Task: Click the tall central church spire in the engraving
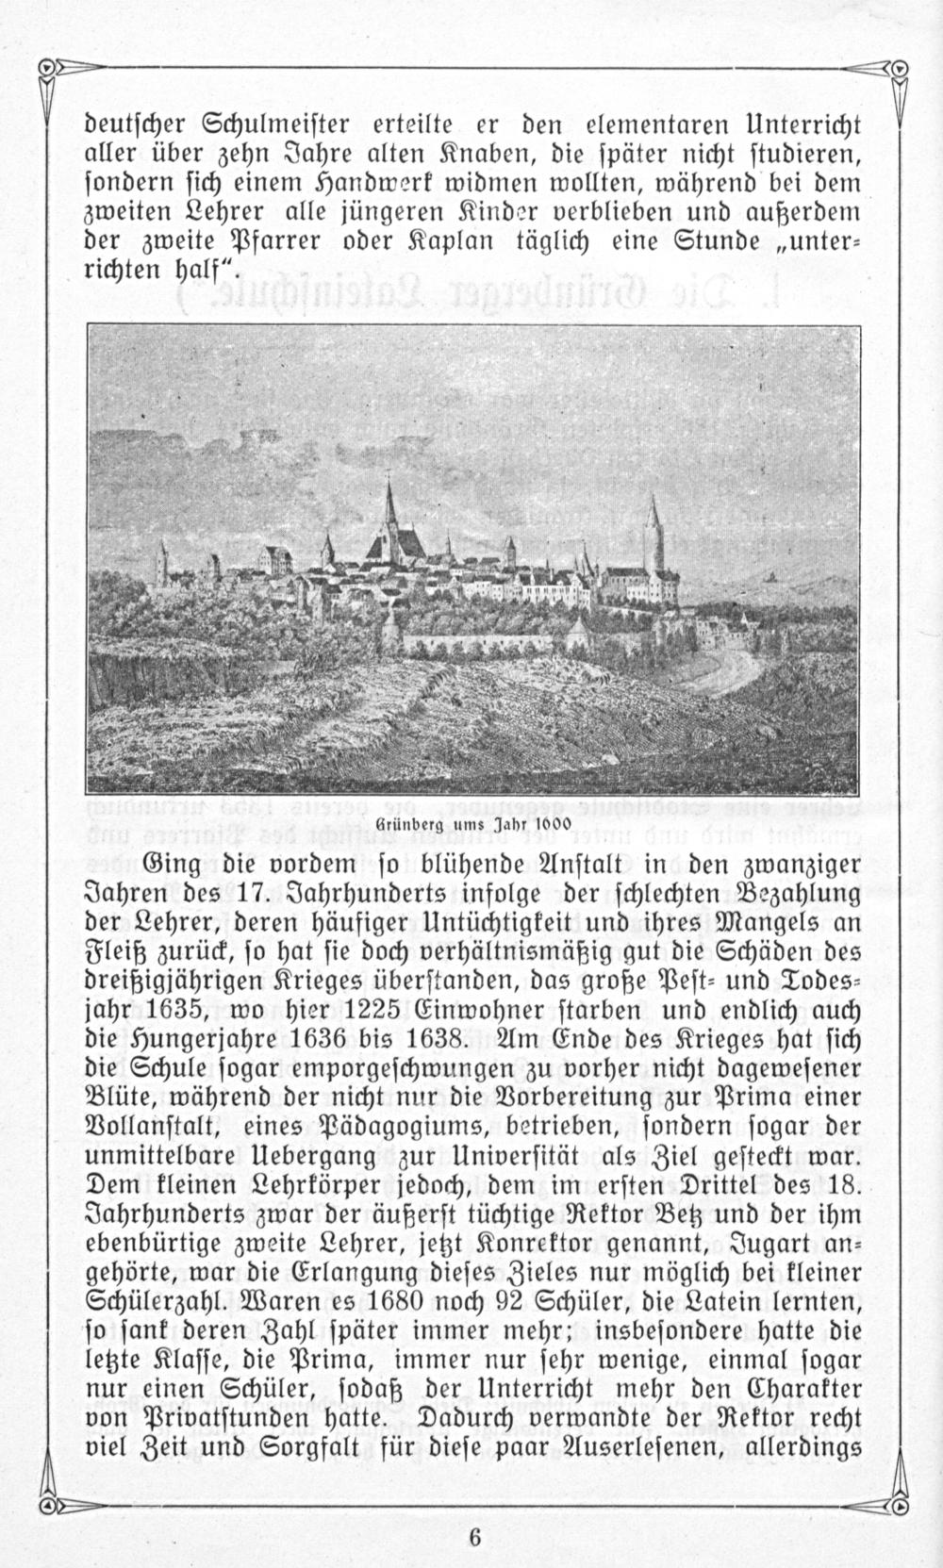coord(389,504)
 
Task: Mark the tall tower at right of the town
coord(653,528)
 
